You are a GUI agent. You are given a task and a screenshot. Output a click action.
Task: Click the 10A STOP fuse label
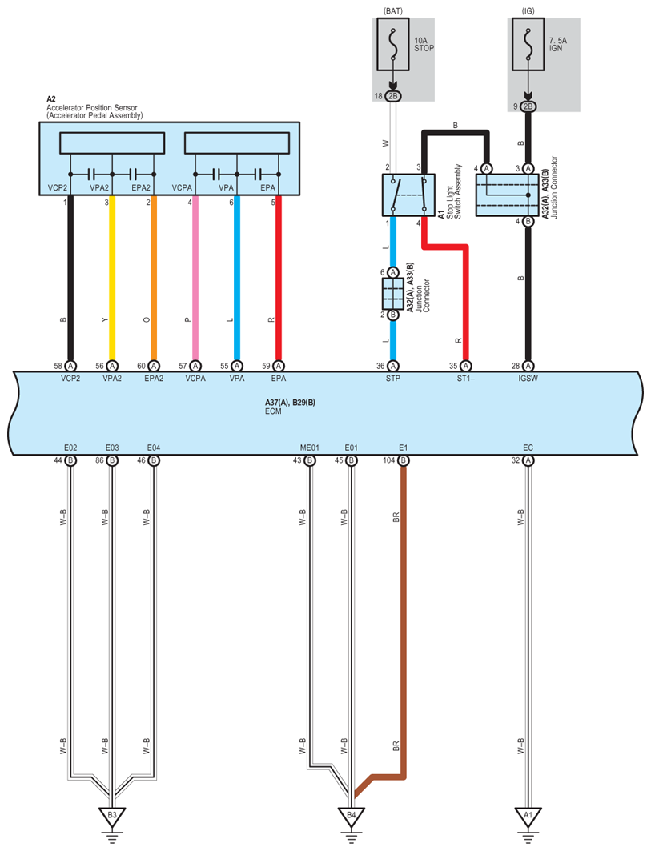coord(424,45)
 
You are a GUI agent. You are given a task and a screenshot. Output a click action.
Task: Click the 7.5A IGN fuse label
coord(557,45)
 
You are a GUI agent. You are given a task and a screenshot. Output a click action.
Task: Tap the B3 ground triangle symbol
coord(112,815)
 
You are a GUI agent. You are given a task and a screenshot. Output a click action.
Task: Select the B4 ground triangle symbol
coord(352,815)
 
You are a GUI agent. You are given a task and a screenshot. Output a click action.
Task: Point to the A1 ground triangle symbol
coord(528,815)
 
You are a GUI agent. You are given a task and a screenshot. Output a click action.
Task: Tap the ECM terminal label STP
coord(392,379)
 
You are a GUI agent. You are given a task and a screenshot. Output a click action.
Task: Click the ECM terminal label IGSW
coord(528,379)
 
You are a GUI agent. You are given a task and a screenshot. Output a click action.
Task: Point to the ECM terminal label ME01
coord(309,448)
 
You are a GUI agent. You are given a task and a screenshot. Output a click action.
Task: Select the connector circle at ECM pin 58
coord(70,367)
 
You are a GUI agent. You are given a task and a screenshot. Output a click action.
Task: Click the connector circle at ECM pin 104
coord(403,460)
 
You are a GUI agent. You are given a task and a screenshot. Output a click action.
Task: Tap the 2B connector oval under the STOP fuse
coord(393,96)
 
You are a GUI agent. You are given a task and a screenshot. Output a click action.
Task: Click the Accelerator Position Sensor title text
coord(92,107)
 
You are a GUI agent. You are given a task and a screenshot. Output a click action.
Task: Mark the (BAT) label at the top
coord(393,11)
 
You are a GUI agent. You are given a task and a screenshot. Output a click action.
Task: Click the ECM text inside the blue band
coord(273,411)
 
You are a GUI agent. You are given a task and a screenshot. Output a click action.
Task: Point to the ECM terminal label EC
coord(528,448)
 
